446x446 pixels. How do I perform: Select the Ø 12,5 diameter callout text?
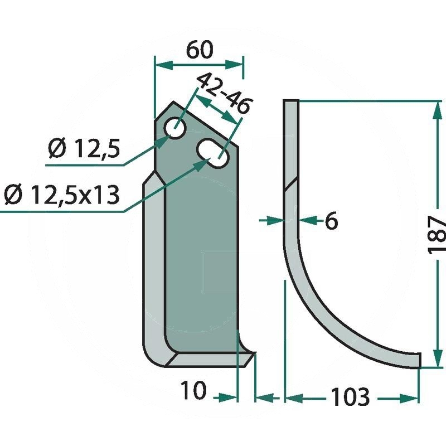(x=84, y=148)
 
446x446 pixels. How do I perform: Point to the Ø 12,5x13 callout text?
(x=62, y=195)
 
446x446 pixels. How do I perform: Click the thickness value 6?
(x=331, y=220)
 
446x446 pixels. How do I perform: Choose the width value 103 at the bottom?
(x=351, y=396)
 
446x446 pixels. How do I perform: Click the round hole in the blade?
(x=176, y=128)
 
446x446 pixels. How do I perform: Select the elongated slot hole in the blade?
(x=213, y=153)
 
